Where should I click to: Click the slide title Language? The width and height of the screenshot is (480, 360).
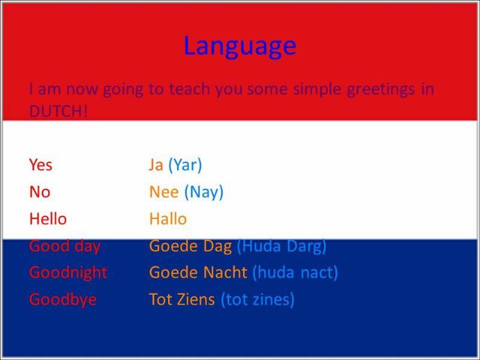[x=240, y=46]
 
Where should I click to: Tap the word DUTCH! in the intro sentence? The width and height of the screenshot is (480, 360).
[x=58, y=111]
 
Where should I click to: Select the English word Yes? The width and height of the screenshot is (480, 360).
[x=41, y=164]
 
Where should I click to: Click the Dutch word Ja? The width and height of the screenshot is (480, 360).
[x=156, y=166]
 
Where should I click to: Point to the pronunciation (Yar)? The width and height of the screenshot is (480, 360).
[x=185, y=166]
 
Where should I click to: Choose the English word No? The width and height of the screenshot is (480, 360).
[x=40, y=192]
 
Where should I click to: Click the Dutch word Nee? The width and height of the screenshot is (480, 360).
[x=164, y=192]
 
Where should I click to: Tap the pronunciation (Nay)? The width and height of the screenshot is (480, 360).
[x=204, y=193]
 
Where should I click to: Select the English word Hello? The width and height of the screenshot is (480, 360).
[x=48, y=219]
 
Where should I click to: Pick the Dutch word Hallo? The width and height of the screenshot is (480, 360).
[x=168, y=219]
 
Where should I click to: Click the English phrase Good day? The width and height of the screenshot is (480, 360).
[x=65, y=247]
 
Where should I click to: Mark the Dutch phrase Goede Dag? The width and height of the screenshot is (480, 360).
[x=190, y=247]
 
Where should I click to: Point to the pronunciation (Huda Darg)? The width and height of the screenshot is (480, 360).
[x=282, y=247]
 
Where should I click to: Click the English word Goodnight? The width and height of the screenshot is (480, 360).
[x=68, y=273]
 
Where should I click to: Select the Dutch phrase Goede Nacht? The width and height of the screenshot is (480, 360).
[x=198, y=272]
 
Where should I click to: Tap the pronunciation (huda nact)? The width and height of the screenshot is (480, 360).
[x=295, y=272]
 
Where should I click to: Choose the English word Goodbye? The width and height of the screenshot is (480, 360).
[x=63, y=300]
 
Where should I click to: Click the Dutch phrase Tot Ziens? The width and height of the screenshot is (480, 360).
[x=182, y=299]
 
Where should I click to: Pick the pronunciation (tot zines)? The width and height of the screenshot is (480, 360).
[x=258, y=299]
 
